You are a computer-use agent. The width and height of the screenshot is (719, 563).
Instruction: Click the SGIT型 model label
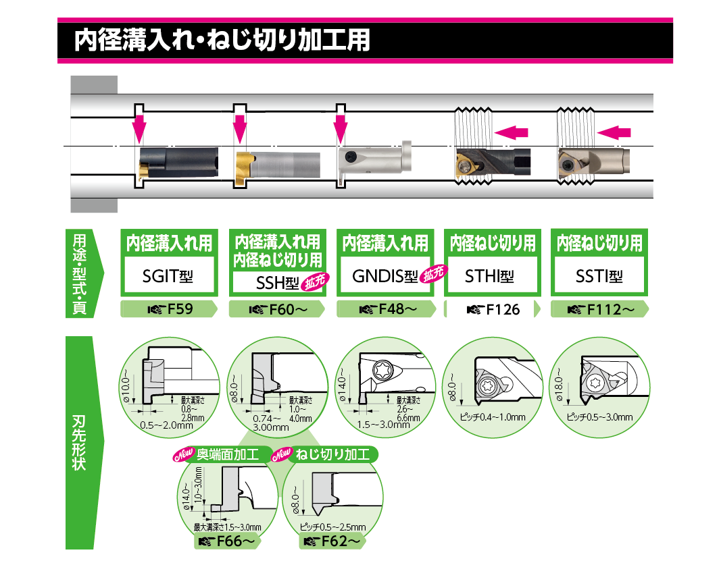pyautogui.click(x=169, y=277)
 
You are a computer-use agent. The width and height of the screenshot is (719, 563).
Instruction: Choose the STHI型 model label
pyautogui.click(x=490, y=277)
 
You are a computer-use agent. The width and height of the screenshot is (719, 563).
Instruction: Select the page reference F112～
pyautogui.click(x=600, y=310)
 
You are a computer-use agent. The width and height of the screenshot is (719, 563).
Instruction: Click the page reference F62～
pyautogui.click(x=334, y=541)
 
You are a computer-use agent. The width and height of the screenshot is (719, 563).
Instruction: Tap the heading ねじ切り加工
pyautogui.click(x=333, y=454)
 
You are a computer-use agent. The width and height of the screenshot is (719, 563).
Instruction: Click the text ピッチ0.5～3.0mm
pyautogui.click(x=600, y=417)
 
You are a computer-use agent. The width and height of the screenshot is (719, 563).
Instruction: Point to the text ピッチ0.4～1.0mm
pyautogui.click(x=491, y=417)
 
